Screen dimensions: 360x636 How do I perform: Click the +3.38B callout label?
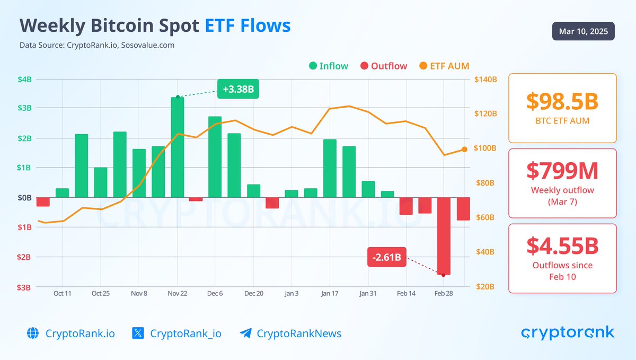[238, 89]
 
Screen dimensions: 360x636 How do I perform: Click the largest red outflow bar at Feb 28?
[444, 236]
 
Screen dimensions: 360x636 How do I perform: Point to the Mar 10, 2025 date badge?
[584, 31]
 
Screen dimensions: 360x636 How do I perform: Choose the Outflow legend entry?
[383, 66]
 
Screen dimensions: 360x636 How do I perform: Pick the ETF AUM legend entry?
[444, 66]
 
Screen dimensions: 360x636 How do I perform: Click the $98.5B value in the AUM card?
[562, 101]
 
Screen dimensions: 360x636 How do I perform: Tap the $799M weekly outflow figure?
[562, 171]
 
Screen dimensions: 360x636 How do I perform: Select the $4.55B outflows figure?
[562, 246]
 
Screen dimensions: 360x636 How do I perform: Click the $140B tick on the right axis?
[485, 80]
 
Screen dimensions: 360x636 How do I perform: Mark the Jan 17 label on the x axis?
[330, 293]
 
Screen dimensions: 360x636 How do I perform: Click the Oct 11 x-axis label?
[62, 293]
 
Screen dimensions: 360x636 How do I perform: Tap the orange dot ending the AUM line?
[464, 150]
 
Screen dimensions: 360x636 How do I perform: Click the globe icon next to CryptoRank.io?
[33, 333]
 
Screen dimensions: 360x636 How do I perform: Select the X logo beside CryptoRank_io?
[138, 333]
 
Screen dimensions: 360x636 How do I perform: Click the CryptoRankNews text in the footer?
[299, 333]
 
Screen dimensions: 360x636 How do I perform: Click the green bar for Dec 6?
[215, 157]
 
